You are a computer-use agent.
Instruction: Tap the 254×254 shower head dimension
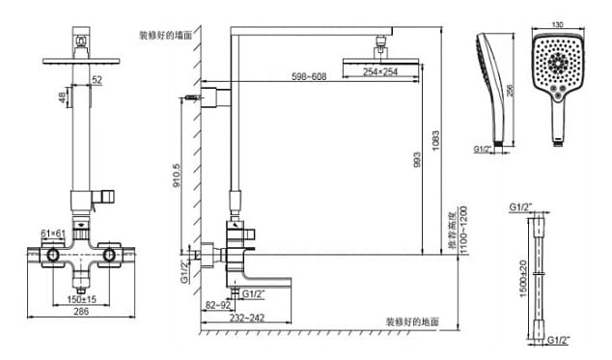(380, 71)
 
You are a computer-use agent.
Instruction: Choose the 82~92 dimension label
(216, 305)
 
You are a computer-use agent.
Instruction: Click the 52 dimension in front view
(96, 80)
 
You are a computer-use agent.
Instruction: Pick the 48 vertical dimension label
(61, 97)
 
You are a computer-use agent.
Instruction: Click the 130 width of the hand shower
(556, 24)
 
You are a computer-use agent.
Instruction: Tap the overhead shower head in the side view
(381, 57)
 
